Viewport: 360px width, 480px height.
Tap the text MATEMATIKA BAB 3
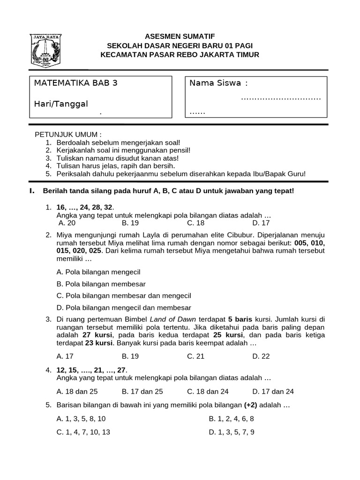pos(75,83)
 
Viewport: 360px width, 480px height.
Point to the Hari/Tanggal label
pos(61,104)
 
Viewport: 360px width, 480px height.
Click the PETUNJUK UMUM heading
pos(68,135)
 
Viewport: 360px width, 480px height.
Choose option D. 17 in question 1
pos(261,223)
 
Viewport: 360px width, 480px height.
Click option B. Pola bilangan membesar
pos(101,284)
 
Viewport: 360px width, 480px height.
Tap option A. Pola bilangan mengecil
pos(98,272)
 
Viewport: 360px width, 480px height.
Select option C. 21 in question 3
pos(196,356)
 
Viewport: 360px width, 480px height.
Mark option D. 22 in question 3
pos(261,356)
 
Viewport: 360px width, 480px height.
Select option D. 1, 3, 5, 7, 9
pos(232,432)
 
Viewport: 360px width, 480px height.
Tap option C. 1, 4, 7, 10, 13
pos(83,432)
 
